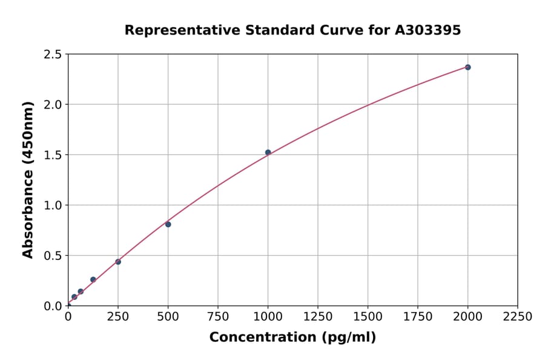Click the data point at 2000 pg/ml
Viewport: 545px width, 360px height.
[467, 67]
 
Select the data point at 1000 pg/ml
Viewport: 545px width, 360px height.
[268, 152]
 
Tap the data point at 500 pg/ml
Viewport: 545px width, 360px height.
[168, 224]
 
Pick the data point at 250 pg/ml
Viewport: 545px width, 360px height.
[118, 262]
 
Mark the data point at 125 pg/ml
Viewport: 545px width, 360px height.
[93, 279]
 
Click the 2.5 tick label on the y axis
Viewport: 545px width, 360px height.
[53, 55]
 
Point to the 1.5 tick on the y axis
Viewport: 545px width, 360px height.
[53, 155]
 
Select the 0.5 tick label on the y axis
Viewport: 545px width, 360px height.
[53, 256]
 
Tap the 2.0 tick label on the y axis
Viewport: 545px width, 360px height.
[53, 105]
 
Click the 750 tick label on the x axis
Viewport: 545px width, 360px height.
[218, 316]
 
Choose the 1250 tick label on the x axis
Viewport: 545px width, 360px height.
[318, 316]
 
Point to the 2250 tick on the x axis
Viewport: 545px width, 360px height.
[518, 316]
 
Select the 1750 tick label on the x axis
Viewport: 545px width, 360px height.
[418, 316]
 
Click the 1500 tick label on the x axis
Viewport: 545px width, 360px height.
[368, 316]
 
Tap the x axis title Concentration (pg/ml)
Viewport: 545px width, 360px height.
[292, 338]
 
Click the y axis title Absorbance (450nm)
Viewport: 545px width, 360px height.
[28, 179]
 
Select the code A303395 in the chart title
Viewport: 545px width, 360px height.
[428, 30]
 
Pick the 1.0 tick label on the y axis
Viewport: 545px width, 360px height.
[53, 205]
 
